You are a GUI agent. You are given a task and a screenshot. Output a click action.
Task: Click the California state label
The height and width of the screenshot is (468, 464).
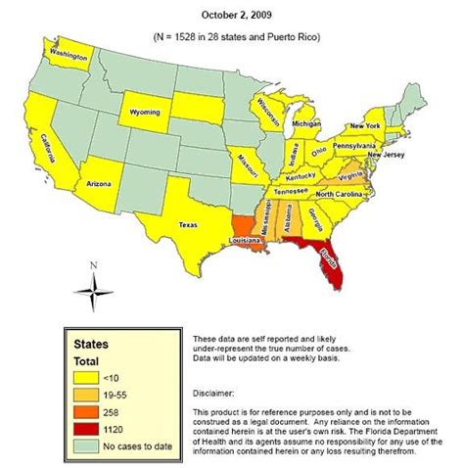click(x=48, y=153)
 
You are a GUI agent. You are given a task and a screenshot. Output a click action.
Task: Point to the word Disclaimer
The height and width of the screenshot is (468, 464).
click(x=218, y=385)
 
